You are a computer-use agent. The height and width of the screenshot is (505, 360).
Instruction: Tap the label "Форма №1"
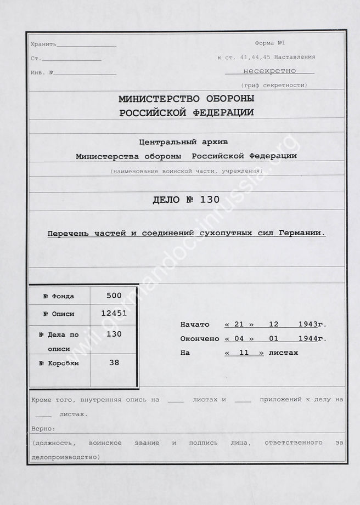click(x=270, y=43)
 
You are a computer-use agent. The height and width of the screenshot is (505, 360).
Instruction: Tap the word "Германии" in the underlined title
click(x=305, y=232)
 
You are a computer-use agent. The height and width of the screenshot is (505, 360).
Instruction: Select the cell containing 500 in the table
click(x=114, y=295)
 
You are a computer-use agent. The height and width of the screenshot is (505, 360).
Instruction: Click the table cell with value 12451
click(x=114, y=313)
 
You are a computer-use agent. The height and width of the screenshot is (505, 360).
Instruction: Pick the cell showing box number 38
click(x=114, y=362)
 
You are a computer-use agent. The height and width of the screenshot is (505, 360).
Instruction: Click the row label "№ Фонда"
click(x=59, y=296)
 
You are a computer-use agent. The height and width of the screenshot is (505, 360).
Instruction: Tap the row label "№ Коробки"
click(x=59, y=363)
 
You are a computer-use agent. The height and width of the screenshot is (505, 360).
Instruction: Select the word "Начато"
click(x=195, y=324)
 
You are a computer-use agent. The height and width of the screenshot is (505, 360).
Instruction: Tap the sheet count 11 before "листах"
click(x=244, y=353)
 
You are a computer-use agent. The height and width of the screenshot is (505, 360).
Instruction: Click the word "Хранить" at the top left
click(x=43, y=44)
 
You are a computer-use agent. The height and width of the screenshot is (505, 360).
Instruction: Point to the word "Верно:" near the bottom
click(x=43, y=428)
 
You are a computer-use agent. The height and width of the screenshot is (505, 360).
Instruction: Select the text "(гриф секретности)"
click(x=274, y=85)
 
